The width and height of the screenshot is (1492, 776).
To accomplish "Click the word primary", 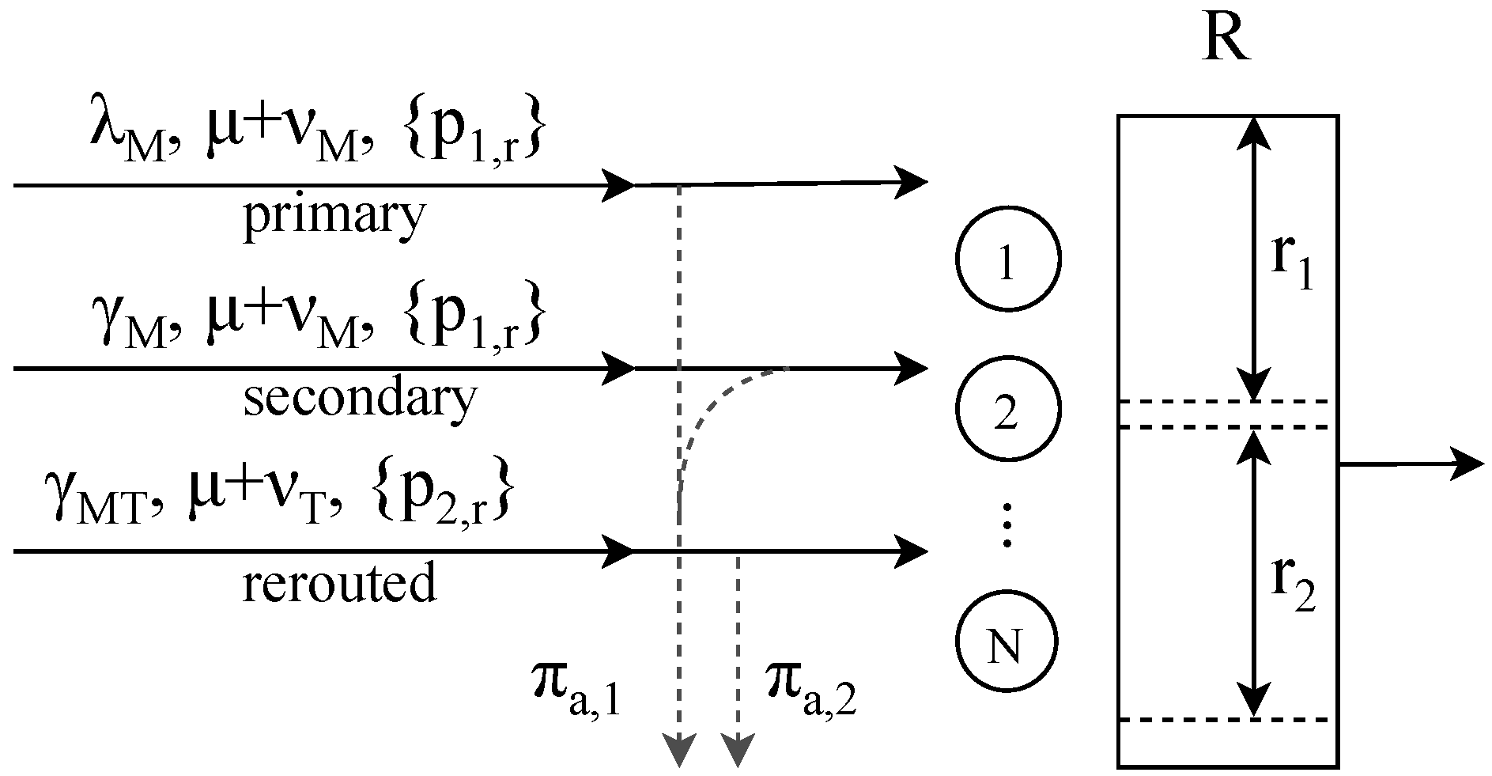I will click(x=334, y=216).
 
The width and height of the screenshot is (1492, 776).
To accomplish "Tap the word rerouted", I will click(x=338, y=583).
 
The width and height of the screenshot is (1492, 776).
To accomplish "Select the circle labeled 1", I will click(x=1007, y=259).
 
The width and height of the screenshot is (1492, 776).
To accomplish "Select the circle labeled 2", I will click(x=1007, y=408).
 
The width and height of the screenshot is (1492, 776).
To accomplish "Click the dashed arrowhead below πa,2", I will click(x=737, y=749).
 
